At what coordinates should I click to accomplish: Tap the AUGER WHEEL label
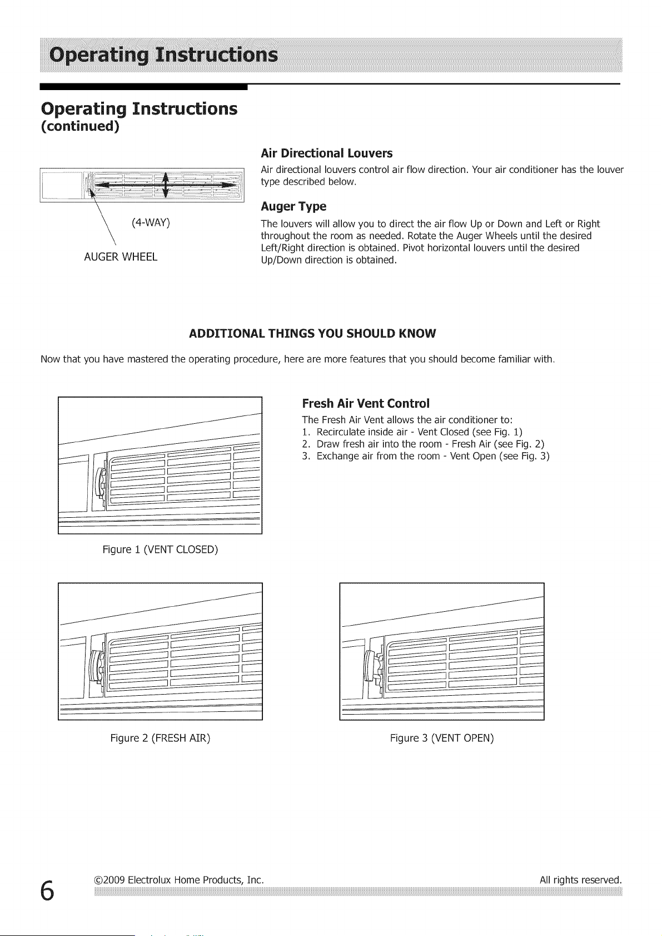click(x=121, y=257)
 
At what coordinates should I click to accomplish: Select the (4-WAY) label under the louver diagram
click(x=151, y=222)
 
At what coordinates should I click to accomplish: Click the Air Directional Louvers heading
click(x=327, y=153)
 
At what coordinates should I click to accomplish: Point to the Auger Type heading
click(x=293, y=206)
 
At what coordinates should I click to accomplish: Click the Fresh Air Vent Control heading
click(x=365, y=403)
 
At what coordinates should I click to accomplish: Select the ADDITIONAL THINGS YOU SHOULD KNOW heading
click(x=312, y=334)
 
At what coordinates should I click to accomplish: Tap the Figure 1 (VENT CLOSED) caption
click(x=161, y=549)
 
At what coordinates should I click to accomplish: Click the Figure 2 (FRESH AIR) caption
click(x=161, y=738)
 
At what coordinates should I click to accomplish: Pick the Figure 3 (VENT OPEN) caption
click(x=442, y=738)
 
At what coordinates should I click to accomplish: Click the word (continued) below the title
click(x=80, y=126)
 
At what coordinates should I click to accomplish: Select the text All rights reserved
click(x=580, y=880)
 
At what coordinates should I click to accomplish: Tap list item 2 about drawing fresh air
click(x=423, y=444)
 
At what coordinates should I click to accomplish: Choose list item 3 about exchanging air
click(x=426, y=456)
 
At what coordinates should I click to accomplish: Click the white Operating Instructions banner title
click(x=163, y=55)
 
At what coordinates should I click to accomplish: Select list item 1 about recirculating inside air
click(x=412, y=432)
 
